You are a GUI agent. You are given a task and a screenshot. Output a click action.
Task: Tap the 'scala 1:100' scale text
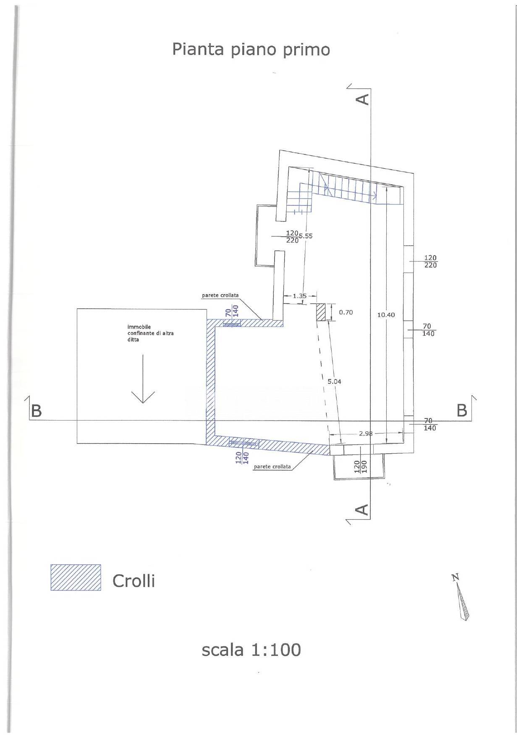click(251, 650)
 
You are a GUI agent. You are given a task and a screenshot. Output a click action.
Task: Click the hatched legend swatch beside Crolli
click(76, 578)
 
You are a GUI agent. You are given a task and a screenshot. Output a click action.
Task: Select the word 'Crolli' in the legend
click(134, 581)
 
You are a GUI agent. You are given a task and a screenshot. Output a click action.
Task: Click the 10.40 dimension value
click(386, 315)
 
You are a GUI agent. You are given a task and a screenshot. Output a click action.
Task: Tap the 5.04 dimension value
click(335, 382)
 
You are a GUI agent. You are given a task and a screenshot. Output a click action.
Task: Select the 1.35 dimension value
click(300, 296)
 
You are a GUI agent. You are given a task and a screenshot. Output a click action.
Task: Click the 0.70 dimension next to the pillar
click(346, 312)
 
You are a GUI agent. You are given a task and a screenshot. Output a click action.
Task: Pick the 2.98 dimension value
click(366, 434)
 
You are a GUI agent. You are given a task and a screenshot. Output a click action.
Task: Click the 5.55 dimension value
click(305, 236)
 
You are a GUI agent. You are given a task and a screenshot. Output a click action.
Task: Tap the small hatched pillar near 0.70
click(321, 312)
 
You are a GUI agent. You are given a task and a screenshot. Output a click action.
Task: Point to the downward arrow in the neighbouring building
click(143, 379)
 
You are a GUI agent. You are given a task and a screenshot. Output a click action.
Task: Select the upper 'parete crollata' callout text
click(220, 295)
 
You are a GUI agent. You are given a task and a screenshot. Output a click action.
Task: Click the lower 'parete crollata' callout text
click(272, 467)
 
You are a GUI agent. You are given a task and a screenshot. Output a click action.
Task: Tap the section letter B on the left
click(37, 410)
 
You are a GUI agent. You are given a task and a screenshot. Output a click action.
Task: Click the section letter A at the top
click(362, 99)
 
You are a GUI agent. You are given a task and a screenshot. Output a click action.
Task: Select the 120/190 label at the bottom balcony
click(360, 467)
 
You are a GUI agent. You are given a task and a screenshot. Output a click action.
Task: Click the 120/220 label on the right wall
click(430, 261)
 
